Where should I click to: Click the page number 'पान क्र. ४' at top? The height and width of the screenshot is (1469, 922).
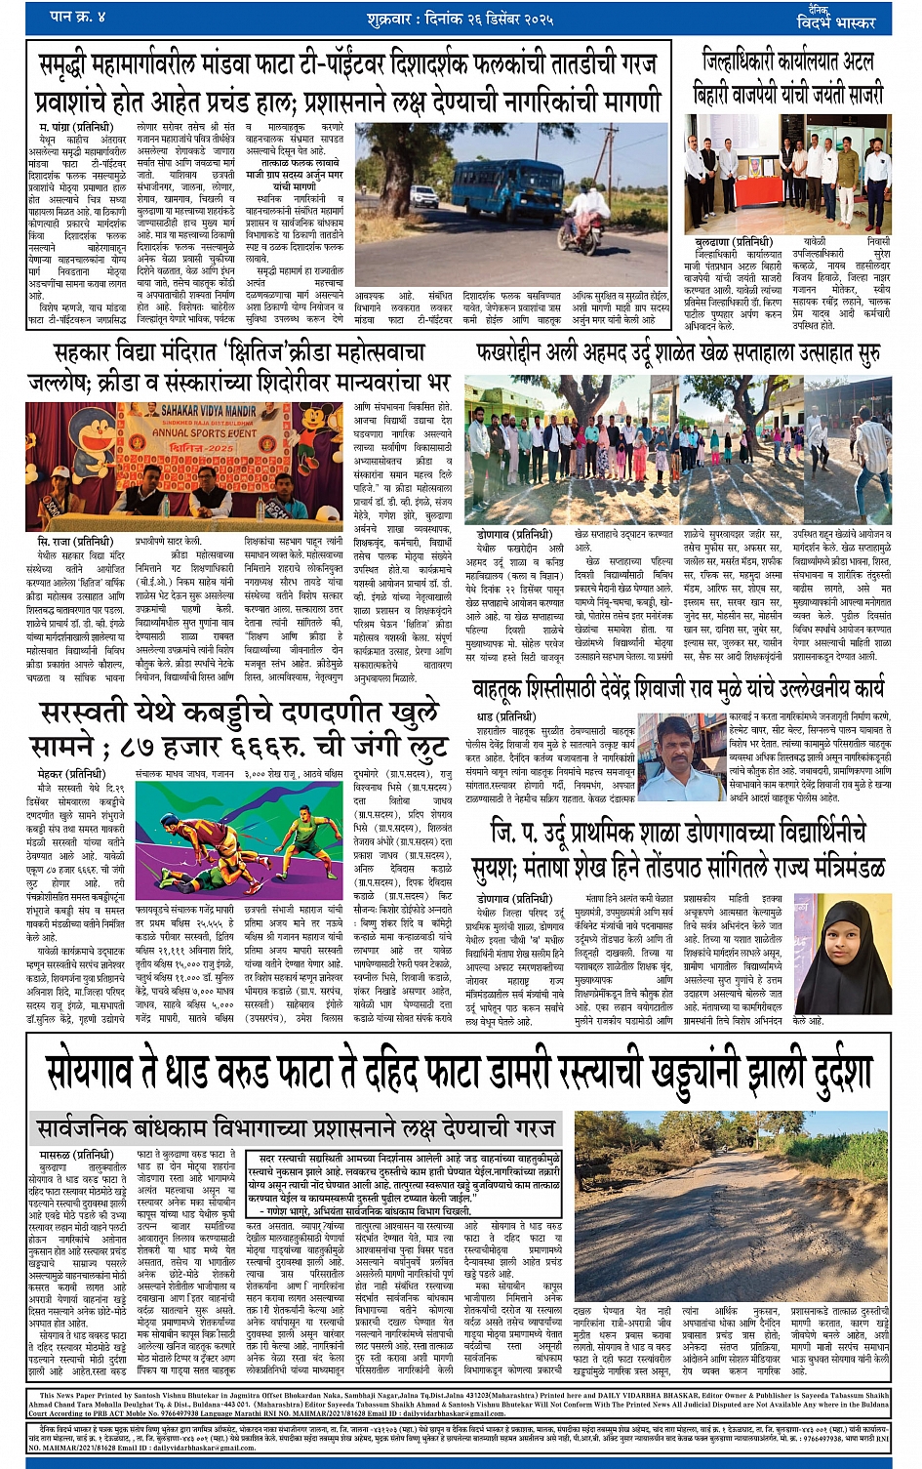79,17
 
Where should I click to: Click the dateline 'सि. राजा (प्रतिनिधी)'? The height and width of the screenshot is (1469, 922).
75,541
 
